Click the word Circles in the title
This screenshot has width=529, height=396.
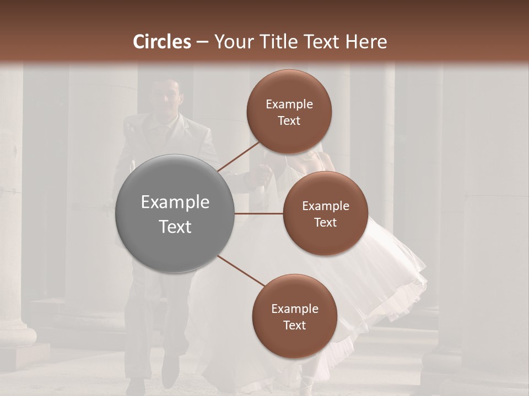(x=162, y=42)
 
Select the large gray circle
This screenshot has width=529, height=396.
(x=175, y=213)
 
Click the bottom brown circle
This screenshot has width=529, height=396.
(x=294, y=316)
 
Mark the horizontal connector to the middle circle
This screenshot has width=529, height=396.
(x=259, y=213)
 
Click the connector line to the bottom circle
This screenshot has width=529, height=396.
(x=241, y=271)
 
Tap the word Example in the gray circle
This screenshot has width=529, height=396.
(x=175, y=202)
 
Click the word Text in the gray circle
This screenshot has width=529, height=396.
(x=175, y=226)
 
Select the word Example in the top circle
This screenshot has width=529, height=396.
(x=289, y=105)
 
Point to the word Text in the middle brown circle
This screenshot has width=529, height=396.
(x=325, y=222)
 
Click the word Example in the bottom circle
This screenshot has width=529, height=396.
(x=294, y=309)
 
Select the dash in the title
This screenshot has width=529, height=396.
(x=202, y=42)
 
